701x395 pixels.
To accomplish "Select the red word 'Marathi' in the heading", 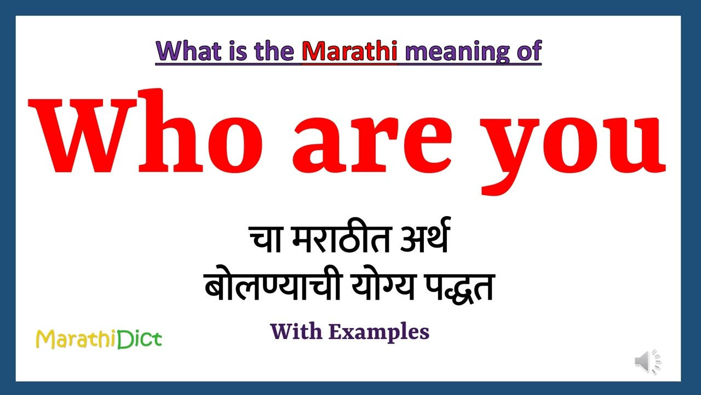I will tap(349, 51).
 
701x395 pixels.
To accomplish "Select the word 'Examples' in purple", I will tap(378, 332).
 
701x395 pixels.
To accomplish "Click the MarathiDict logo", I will tap(99, 339).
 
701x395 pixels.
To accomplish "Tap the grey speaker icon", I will tap(647, 362).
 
